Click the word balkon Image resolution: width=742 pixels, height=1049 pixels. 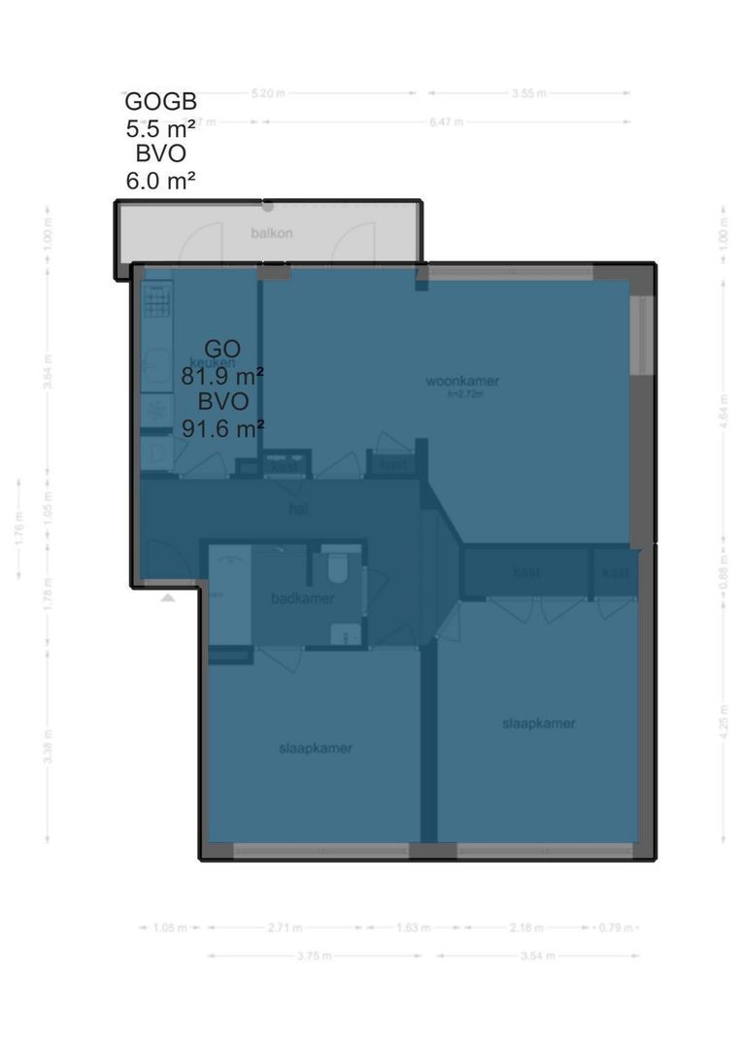pos(272,233)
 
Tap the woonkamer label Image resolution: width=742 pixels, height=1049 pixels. pos(468,381)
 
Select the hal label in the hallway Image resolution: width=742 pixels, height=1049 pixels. pos(297,508)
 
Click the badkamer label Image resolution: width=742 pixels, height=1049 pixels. pos(303,598)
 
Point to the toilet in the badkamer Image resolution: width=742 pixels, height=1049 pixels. pos(336,565)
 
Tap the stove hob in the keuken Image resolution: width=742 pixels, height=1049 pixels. pos(157,299)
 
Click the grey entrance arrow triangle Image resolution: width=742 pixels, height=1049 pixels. pos(168,598)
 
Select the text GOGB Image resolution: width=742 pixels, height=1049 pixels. pos(160,102)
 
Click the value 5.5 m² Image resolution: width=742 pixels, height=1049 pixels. pos(160,127)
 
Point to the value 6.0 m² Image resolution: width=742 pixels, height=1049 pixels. pos(160,180)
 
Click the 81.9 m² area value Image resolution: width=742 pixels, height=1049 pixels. pos(222,375)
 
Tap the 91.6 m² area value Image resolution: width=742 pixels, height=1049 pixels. pos(223,428)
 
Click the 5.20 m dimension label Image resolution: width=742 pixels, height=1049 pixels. pos(268,93)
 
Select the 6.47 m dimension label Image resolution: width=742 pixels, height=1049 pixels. pos(446,122)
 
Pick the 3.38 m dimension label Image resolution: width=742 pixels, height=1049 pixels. pos(47,746)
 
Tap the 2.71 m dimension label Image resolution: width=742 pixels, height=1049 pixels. pos(285,929)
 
